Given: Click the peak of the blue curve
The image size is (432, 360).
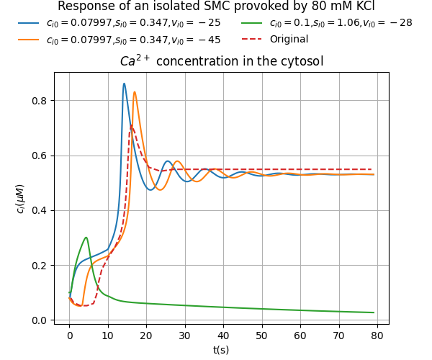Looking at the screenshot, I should [124, 84].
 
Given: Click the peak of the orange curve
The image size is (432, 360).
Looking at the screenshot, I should [135, 92].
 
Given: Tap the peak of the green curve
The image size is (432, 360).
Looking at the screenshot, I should [86, 238].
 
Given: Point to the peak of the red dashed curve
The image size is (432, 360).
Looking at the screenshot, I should [131, 127].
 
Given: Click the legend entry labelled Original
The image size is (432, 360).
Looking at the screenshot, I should [289, 40].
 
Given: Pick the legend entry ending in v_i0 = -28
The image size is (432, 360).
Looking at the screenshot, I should [341, 23].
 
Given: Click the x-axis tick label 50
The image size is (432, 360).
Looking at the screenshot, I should [261, 335].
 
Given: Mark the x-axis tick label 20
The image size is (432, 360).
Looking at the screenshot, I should [146, 335].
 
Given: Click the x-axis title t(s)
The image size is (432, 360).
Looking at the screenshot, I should [222, 349].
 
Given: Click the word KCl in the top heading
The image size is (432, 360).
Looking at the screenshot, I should [360, 6].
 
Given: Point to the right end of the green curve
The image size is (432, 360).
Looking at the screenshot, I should [374, 312].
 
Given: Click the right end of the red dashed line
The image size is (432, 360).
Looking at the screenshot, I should [374, 169].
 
